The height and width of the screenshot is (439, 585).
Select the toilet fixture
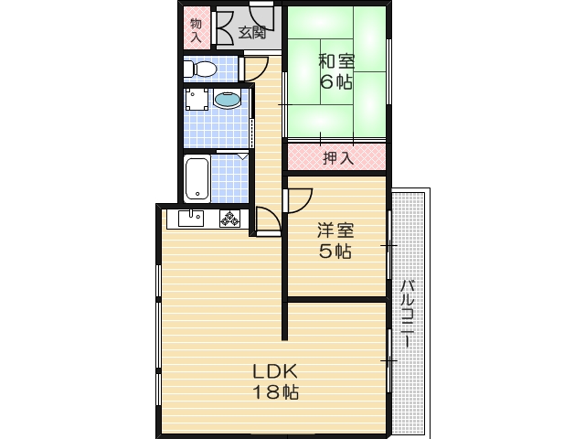(x=200, y=69)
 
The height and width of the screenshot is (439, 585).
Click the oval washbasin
(x=228, y=101)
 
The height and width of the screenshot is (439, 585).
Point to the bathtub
(x=197, y=178)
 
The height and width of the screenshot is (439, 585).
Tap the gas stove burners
(x=229, y=219)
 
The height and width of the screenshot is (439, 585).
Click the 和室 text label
(x=336, y=62)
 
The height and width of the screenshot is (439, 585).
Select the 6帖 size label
(x=336, y=82)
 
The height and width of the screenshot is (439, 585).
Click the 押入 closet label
(x=337, y=158)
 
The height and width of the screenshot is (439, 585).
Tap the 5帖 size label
(x=335, y=252)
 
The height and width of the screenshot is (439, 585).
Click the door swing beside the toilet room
(x=255, y=68)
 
